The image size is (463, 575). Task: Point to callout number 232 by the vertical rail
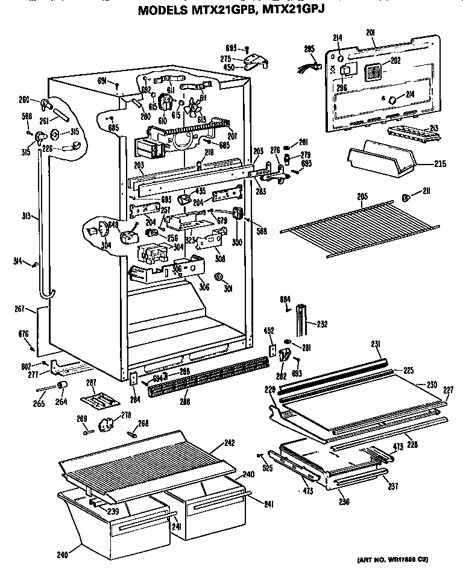[323, 323]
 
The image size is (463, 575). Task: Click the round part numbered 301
[219, 278]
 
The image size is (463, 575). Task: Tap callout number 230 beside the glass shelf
[432, 385]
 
